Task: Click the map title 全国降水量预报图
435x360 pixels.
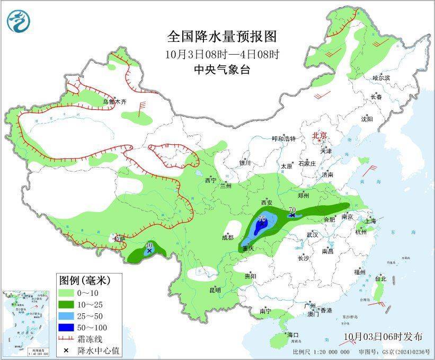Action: point(222,37)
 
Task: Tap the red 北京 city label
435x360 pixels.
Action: point(320,136)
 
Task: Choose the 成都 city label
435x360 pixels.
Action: point(227,238)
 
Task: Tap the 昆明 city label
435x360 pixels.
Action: point(215,290)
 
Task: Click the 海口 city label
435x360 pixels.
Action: point(293,335)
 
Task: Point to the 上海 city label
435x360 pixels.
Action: point(371,220)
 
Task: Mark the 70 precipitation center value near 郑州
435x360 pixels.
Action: point(292,210)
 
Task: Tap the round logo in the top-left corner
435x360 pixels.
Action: point(19,21)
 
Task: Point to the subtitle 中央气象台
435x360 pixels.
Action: point(221,70)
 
